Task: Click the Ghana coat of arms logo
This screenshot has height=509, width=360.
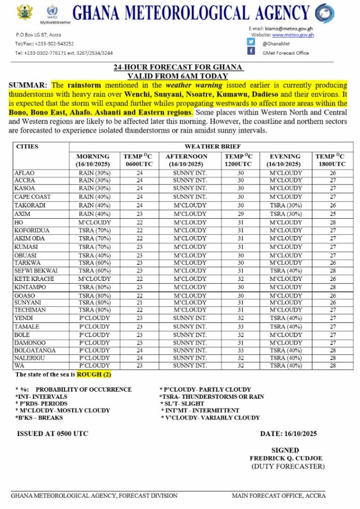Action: coord(24,11)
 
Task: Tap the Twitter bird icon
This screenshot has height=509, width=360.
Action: coord(251,42)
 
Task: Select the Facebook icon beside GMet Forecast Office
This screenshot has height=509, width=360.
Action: coord(251,51)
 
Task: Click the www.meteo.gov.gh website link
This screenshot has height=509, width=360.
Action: coord(293,35)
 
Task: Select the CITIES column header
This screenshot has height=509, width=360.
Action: coord(27,147)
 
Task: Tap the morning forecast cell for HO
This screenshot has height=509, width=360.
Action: coord(94,223)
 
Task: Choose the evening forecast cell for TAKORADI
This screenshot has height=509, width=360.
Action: coord(285,205)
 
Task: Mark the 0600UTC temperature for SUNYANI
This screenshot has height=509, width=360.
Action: coord(140,302)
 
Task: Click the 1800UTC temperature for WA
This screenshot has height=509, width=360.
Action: coord(332,366)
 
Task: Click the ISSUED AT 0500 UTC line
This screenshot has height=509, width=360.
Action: coord(53,433)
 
